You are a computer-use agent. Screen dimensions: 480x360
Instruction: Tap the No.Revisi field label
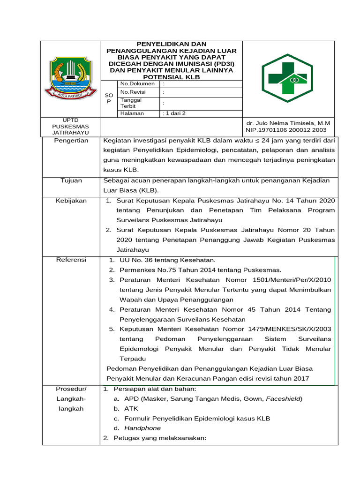[133, 92]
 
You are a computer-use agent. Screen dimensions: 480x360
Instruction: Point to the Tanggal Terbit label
[131, 103]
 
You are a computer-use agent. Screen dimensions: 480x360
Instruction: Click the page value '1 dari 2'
[174, 113]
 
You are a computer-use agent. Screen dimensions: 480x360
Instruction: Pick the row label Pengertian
[71, 141]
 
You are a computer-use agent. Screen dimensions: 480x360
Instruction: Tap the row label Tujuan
[71, 180]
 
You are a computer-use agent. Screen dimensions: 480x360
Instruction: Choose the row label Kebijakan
[71, 201]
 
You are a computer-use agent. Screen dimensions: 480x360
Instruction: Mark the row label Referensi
[71, 260]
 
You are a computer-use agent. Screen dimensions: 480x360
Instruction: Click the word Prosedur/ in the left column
[71, 389]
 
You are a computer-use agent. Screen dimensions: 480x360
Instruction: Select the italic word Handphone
[142, 428]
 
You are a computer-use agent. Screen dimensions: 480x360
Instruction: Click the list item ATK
[131, 408]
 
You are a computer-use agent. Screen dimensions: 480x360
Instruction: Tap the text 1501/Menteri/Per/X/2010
[291, 279]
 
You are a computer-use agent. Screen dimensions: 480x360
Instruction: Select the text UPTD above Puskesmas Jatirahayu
[71, 120]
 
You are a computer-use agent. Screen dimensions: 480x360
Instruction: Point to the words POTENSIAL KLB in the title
[171, 76]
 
